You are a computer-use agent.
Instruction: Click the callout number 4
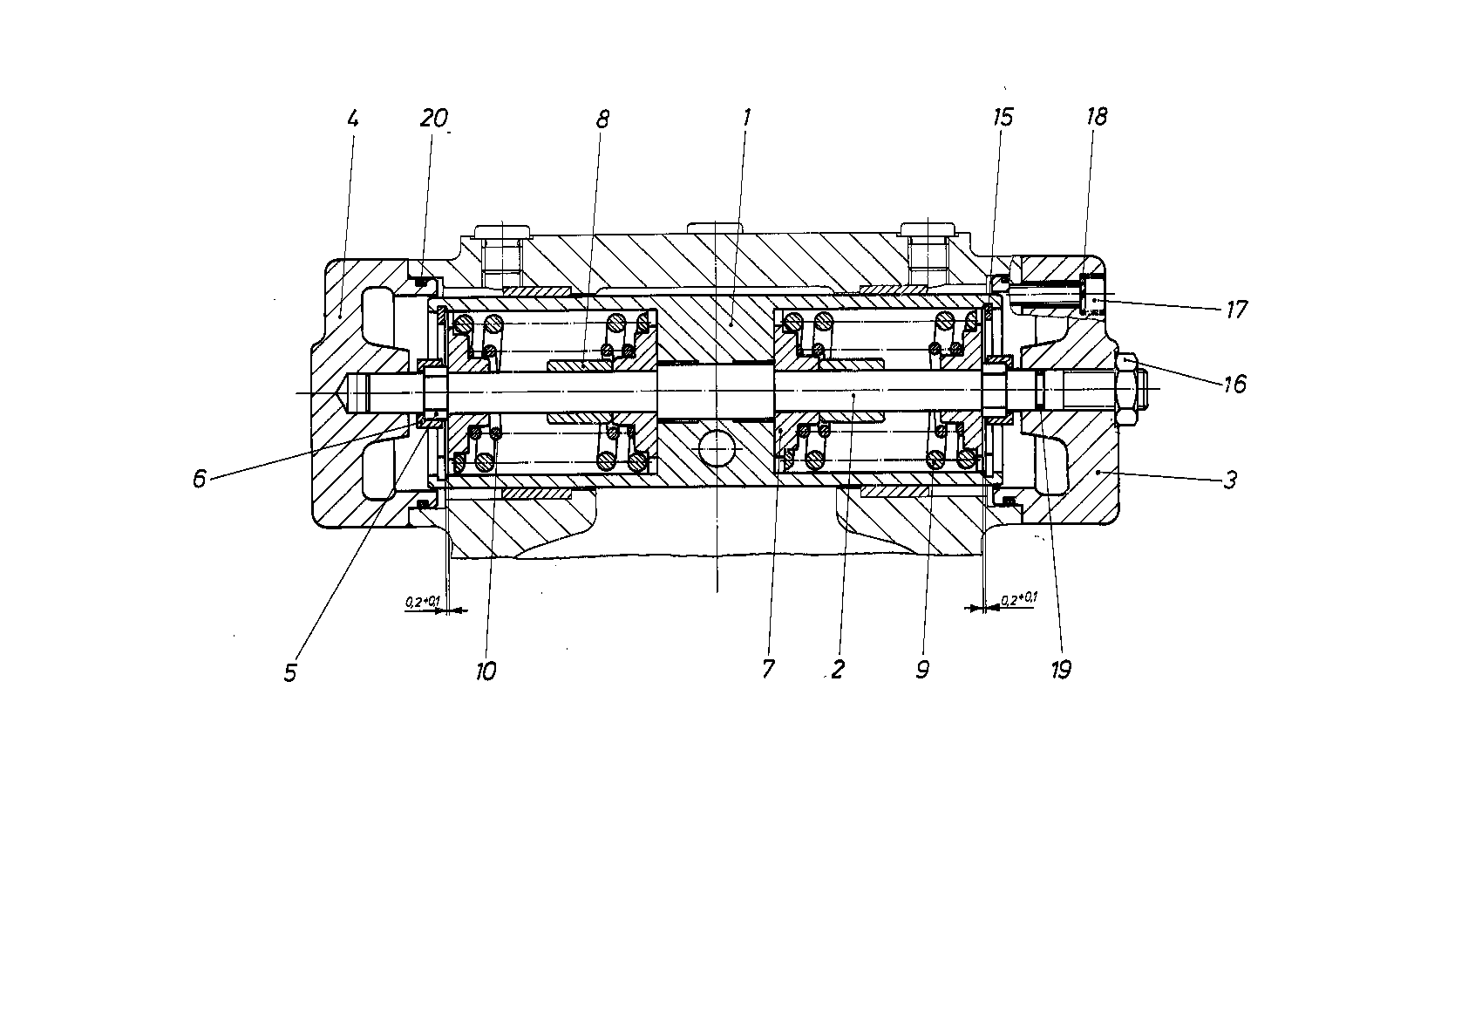click(353, 119)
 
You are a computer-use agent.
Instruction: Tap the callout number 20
click(434, 119)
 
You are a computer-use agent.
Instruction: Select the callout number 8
click(602, 119)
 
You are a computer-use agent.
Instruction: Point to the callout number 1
click(746, 118)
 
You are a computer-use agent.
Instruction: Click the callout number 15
click(1003, 118)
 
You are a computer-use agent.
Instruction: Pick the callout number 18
click(1097, 117)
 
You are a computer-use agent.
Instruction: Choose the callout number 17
click(1236, 310)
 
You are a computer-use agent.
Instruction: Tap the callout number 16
click(1235, 384)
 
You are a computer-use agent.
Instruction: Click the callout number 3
click(1230, 480)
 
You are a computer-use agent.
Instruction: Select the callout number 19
click(1061, 671)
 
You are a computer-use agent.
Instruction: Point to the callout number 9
click(922, 670)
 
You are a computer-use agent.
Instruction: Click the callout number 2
click(838, 670)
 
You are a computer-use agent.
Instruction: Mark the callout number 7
click(767, 670)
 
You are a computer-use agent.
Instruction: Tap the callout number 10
click(486, 671)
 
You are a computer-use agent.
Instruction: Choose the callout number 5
click(290, 672)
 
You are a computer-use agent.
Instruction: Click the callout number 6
click(199, 478)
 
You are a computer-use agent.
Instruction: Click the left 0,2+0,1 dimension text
click(423, 602)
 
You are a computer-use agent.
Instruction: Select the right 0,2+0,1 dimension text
click(1019, 599)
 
